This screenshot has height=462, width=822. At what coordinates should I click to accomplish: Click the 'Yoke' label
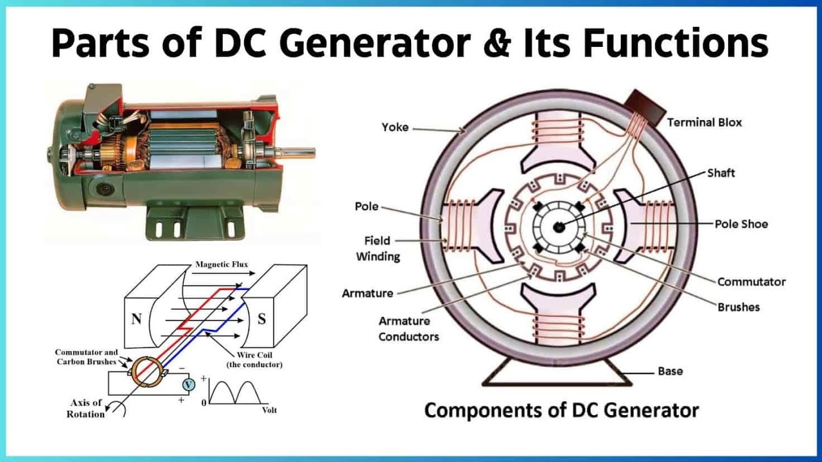point(395,127)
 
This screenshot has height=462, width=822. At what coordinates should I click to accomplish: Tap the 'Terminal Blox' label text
point(704,122)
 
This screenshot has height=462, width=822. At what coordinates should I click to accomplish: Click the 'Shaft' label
point(721,173)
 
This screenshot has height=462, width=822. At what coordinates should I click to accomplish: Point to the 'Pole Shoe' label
point(741,224)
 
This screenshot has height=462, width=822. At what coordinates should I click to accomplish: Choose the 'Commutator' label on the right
point(751,282)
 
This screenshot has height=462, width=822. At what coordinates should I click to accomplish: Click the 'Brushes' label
point(739,307)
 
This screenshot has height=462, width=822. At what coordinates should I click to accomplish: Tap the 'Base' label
point(670,371)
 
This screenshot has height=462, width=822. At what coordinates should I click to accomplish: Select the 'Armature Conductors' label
point(408,329)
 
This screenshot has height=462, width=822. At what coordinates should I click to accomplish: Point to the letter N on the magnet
point(136,319)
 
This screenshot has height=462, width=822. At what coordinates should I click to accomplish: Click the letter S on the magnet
point(261,319)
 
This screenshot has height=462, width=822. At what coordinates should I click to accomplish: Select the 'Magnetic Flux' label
point(222,264)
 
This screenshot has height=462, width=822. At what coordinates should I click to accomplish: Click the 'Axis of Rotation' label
point(85,408)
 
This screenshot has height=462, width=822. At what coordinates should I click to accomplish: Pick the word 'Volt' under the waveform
point(269,409)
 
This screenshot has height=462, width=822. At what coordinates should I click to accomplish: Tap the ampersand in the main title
point(500,44)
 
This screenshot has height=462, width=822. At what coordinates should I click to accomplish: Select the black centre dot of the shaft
point(559,225)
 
